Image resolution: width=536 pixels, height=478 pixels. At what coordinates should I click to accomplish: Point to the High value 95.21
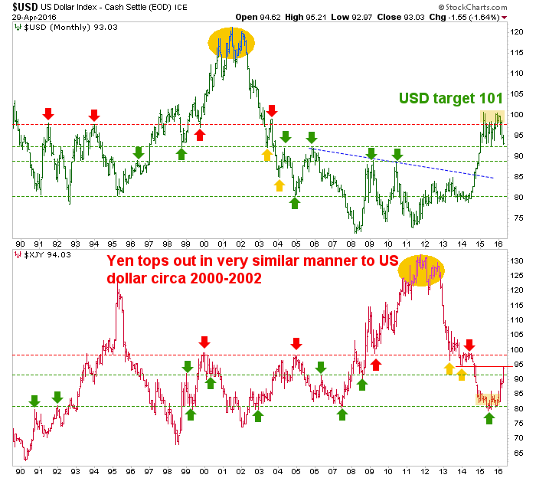point(339,17)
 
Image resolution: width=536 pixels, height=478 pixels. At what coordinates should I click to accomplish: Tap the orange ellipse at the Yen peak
point(420,270)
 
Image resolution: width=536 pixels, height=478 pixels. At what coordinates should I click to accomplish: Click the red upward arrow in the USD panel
point(200,135)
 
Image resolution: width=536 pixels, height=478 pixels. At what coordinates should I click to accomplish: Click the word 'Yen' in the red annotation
point(121,261)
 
